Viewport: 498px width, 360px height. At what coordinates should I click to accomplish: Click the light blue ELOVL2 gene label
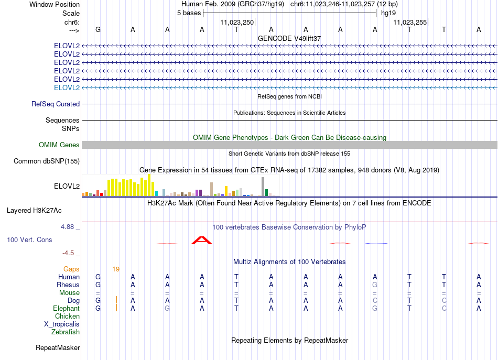click(x=67, y=88)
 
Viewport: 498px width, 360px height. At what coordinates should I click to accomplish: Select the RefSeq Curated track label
click(x=56, y=104)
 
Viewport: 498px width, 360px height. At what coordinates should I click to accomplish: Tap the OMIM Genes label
click(x=59, y=145)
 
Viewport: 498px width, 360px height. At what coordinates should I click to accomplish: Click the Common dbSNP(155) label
click(x=47, y=161)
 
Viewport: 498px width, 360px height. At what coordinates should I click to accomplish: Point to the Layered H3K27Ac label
click(x=34, y=210)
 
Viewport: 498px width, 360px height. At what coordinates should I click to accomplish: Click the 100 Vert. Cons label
click(x=29, y=239)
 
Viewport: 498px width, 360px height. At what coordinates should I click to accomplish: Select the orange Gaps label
click(x=71, y=269)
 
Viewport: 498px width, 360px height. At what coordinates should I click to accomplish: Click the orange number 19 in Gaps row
click(x=116, y=269)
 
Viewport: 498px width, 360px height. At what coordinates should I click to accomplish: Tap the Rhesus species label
click(x=68, y=285)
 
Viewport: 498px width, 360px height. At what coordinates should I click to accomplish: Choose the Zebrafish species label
click(x=66, y=332)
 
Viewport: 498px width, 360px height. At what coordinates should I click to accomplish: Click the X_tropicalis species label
click(x=62, y=324)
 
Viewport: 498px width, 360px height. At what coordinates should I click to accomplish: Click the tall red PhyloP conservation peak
click(x=202, y=241)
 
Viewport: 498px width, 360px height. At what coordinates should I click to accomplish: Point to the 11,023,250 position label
click(x=237, y=22)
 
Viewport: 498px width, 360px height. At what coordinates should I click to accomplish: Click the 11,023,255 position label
click(x=410, y=22)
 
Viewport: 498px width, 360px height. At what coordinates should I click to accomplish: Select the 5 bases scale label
click(x=189, y=13)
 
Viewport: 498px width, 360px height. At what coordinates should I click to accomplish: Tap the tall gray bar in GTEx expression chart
click(x=263, y=187)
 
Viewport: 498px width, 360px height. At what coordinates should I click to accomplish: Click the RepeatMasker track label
click(x=58, y=347)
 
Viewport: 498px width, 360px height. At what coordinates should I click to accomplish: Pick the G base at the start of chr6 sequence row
click(x=98, y=29)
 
